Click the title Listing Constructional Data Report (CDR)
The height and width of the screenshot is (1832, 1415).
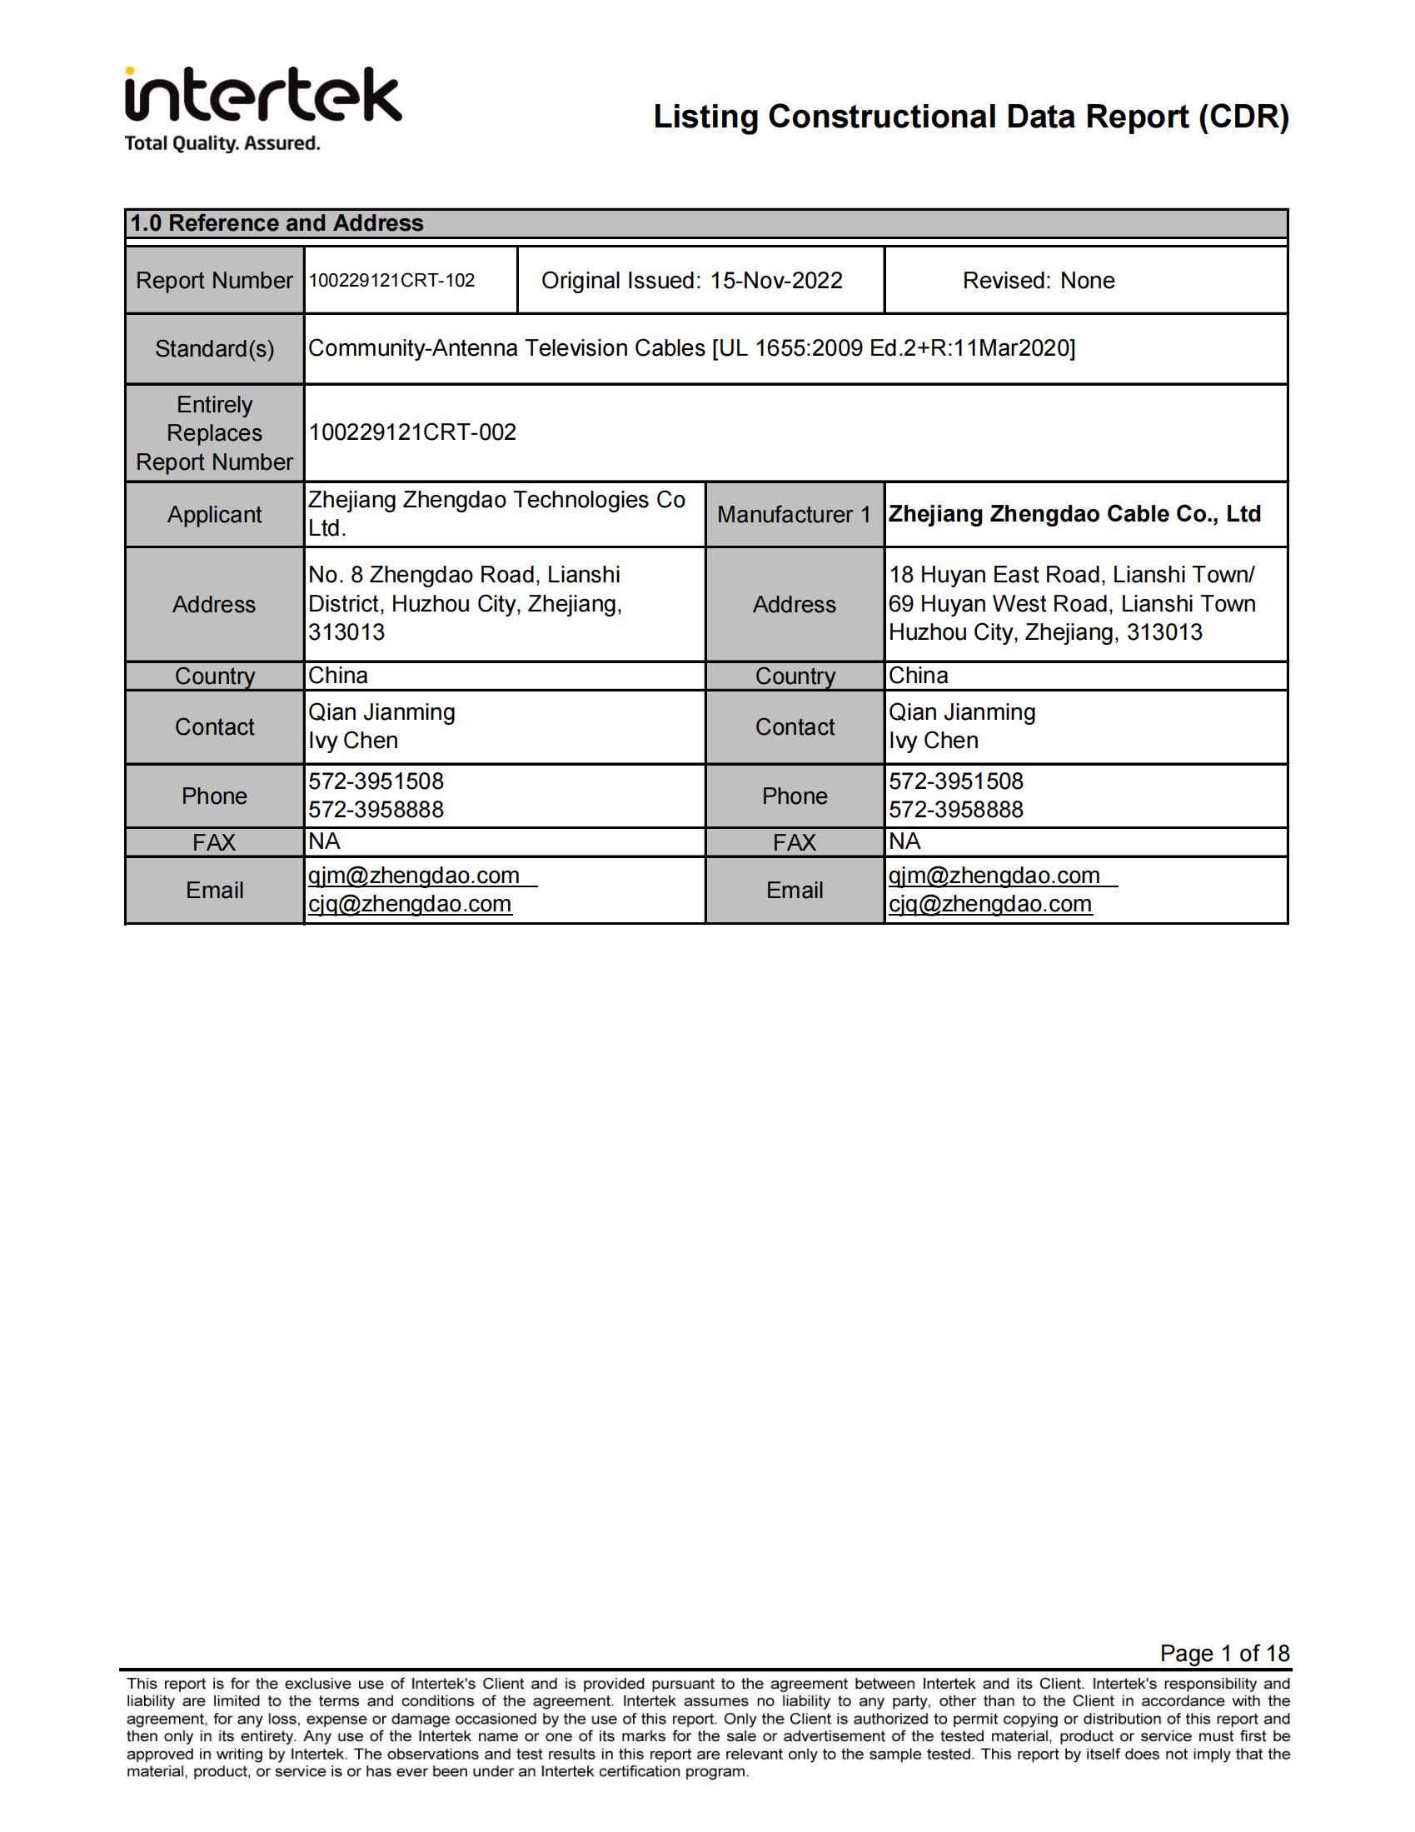pyautogui.click(x=970, y=117)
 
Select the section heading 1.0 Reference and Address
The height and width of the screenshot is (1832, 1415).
pyautogui.click(x=277, y=223)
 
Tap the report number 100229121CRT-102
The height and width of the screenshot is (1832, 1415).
pyautogui.click(x=391, y=280)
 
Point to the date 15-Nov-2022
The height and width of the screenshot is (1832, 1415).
pyautogui.click(x=776, y=280)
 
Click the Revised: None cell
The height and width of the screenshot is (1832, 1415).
pyautogui.click(x=1039, y=280)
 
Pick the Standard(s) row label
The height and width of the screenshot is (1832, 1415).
pyautogui.click(x=215, y=349)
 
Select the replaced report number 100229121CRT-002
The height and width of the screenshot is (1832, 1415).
pyautogui.click(x=412, y=432)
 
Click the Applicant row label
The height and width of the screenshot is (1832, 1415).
pyautogui.click(x=215, y=514)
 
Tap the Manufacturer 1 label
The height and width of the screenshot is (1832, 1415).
pyautogui.click(x=794, y=514)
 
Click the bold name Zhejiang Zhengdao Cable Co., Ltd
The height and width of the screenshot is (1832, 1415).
pyautogui.click(x=1074, y=513)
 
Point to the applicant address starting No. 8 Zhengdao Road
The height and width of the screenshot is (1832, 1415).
pyautogui.click(x=465, y=603)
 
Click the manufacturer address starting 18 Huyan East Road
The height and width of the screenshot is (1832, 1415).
pyautogui.click(x=1072, y=603)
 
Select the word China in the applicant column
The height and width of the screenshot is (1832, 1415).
pyautogui.click(x=338, y=676)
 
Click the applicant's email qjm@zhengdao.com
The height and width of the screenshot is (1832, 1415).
pyautogui.click(x=414, y=875)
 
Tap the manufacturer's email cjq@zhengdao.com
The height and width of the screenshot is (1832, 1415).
pyautogui.click(x=990, y=903)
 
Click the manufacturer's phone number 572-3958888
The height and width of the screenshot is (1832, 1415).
pyautogui.click(x=956, y=810)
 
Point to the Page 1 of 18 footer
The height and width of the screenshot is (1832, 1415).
pyautogui.click(x=1223, y=1653)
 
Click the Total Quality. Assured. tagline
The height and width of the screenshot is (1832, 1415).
pyautogui.click(x=222, y=143)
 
